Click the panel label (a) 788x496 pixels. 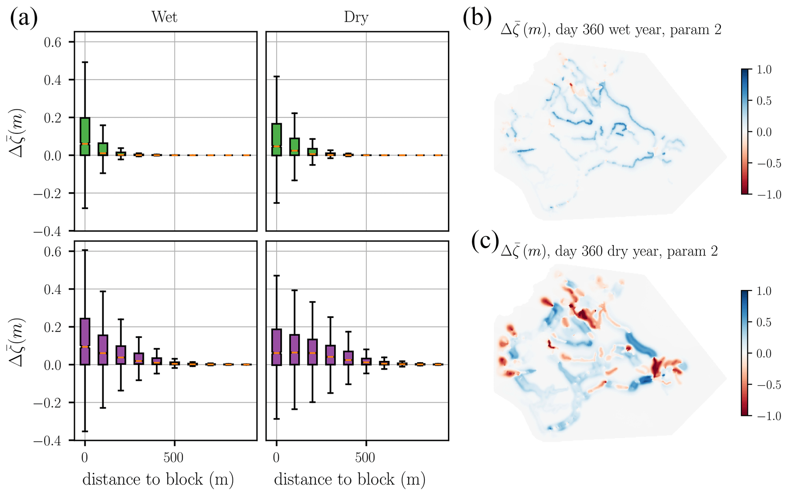pyautogui.click(x=24, y=18)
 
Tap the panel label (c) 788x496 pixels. pyautogui.click(x=485, y=241)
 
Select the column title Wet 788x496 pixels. pyautogui.click(x=164, y=17)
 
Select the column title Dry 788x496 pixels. pyautogui.click(x=356, y=17)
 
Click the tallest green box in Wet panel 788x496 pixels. pyautogui.click(x=85, y=136)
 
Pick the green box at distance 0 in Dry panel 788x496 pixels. pyautogui.click(x=276, y=139)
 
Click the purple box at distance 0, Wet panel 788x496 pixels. pyautogui.click(x=85, y=341)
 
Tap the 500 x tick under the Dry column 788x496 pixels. pyautogui.click(x=365, y=458)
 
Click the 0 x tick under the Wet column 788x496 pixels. pyautogui.click(x=85, y=458)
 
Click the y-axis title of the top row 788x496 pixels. pyautogui.click(x=18, y=133)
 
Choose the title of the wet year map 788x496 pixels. pyautogui.click(x=611, y=30)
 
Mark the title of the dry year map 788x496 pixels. pyautogui.click(x=609, y=251)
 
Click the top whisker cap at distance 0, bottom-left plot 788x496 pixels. pyautogui.click(x=85, y=250)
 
